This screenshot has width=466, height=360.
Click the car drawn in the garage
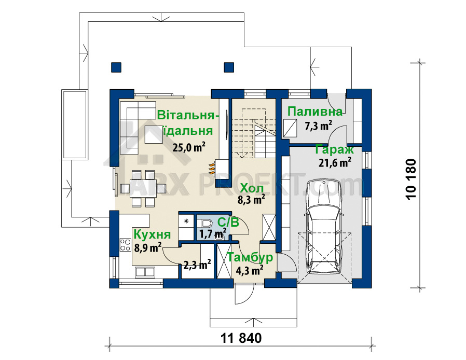coord(324,227)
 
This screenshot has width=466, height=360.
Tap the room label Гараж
coord(334,150)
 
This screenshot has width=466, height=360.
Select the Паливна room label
coord(315,112)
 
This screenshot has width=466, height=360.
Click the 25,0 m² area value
coord(189,147)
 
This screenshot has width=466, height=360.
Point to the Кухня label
coord(152,234)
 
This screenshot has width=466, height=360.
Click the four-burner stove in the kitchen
coord(126,245)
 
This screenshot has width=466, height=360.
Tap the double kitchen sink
coord(145,271)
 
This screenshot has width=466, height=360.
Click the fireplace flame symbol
coord(211,168)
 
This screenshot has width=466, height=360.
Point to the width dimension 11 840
coord(241,338)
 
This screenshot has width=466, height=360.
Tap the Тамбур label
coord(250,257)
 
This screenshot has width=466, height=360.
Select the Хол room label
coord(252,188)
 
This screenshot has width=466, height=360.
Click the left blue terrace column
coord(116,67)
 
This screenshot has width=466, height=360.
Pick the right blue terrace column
coord(229,67)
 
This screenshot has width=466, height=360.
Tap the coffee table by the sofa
coord(154,134)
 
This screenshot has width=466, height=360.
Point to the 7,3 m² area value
coord(318,126)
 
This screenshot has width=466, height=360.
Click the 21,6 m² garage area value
coord(335,162)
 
